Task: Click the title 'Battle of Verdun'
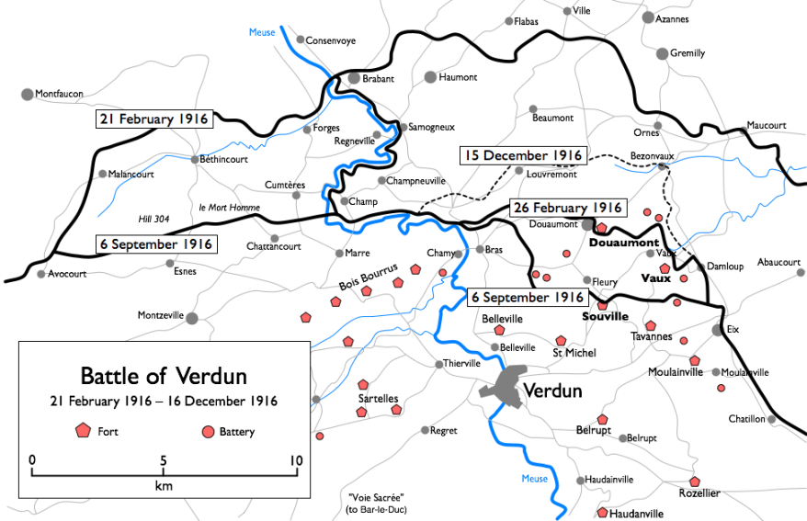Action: [164, 376]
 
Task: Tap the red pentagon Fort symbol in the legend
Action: [83, 430]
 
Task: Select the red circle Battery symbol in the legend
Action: [208, 431]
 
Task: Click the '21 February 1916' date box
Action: [154, 119]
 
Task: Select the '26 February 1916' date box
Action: [568, 208]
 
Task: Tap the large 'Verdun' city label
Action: [552, 391]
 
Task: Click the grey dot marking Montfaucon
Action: [27, 94]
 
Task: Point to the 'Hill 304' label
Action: [153, 218]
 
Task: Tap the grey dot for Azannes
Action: [648, 17]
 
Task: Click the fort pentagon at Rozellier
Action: [695, 481]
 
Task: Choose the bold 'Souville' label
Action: [605, 316]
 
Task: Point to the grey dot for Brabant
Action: [354, 79]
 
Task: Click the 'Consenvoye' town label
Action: [330, 40]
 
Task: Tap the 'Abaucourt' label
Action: [779, 262]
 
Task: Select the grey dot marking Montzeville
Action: [192, 318]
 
